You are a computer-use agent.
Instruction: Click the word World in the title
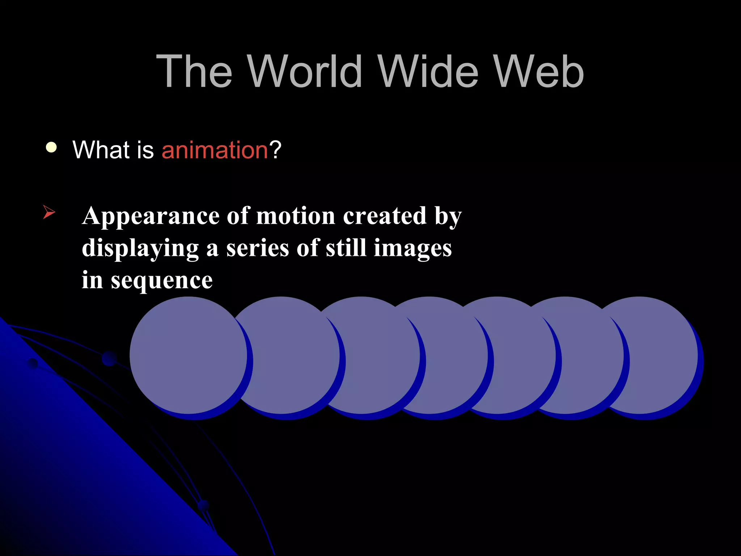click(305, 71)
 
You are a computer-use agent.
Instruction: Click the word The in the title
click(194, 71)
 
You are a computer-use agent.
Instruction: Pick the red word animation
click(215, 150)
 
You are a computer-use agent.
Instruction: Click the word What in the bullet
click(101, 150)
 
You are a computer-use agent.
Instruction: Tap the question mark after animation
click(275, 150)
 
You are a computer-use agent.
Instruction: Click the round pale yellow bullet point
click(51, 148)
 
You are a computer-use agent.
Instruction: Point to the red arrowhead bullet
click(49, 212)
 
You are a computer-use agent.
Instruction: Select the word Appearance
click(151, 216)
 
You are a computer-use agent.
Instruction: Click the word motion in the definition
click(296, 216)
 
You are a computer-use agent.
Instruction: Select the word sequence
click(161, 281)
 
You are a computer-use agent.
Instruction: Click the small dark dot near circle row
click(109, 358)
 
